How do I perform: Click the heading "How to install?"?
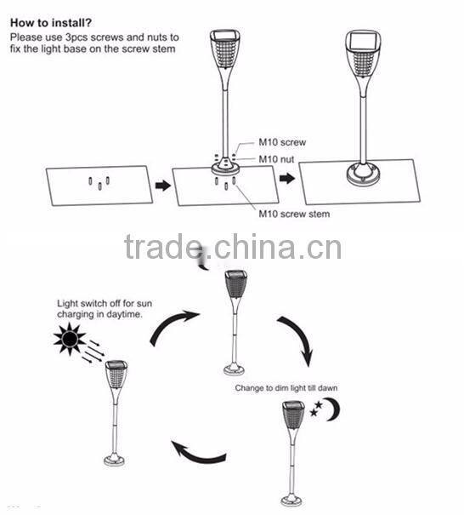(x=51, y=23)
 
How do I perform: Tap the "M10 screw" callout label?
(x=282, y=142)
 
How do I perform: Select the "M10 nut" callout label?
(x=276, y=159)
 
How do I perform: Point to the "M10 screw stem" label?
(x=294, y=215)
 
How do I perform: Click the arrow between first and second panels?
(x=163, y=186)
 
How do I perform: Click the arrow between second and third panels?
(x=287, y=179)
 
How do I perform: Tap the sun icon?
(x=70, y=339)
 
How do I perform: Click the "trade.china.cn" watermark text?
(x=233, y=247)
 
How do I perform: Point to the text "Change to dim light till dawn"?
(x=286, y=388)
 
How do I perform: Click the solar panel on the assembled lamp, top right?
(x=363, y=41)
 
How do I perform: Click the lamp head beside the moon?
(x=293, y=417)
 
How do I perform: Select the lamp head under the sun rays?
(x=116, y=375)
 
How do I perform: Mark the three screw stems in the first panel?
(x=99, y=183)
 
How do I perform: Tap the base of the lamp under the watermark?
(x=234, y=369)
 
